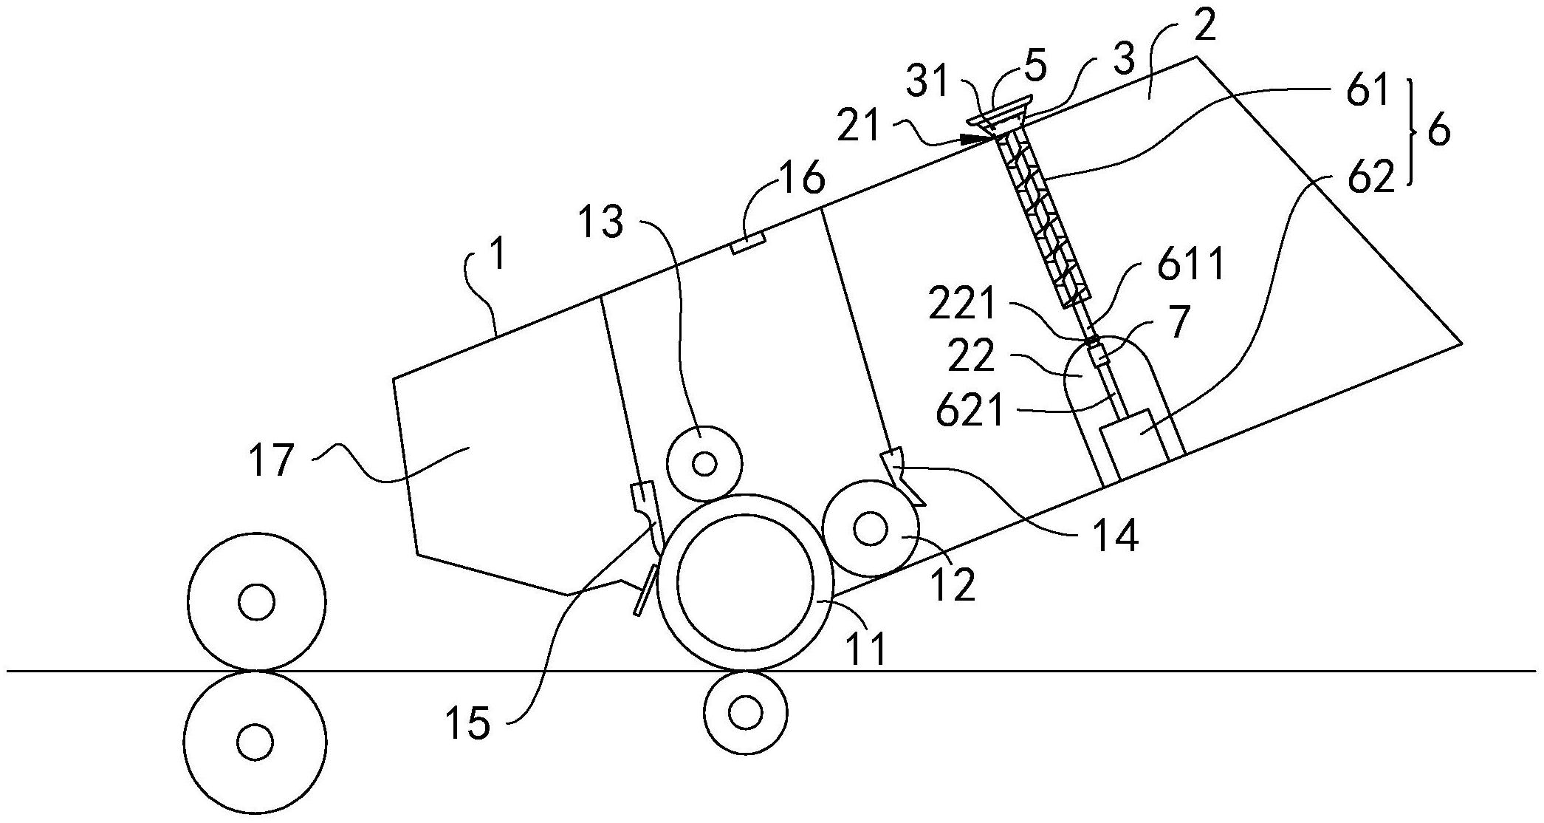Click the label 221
click(964, 307)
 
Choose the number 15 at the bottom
click(468, 725)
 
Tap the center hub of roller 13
click(704, 464)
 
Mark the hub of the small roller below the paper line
click(744, 713)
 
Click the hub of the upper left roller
click(256, 602)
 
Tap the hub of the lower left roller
click(256, 740)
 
